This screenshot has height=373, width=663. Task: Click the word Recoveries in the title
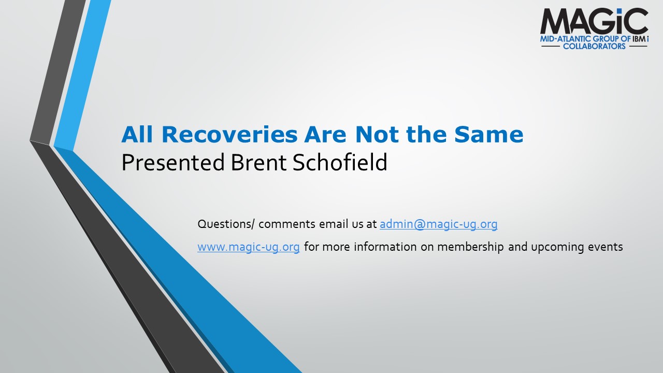[229, 134]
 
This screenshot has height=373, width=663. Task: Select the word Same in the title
[488, 134]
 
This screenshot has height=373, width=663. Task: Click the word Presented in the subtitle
[173, 162]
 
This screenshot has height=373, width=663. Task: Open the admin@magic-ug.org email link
[438, 224]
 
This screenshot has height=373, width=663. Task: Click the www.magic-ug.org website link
[248, 247]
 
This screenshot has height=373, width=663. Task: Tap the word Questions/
[226, 224]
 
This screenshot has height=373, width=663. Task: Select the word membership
[470, 247]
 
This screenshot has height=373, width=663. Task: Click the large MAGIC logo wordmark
[594, 21]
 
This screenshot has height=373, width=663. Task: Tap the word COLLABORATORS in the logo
[594, 46]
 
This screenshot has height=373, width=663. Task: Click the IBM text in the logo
[639, 39]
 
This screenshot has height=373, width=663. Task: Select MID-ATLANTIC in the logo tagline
[566, 39]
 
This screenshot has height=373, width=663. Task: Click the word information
[385, 247]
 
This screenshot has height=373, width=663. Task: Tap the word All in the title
[137, 134]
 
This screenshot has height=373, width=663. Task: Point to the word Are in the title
[325, 134]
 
